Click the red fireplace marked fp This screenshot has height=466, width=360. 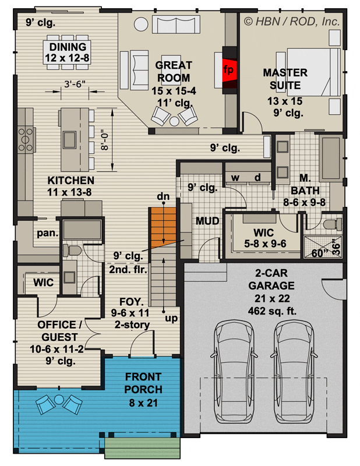[229, 70]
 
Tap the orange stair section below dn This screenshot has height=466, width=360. [164, 227]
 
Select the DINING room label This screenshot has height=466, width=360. [68, 47]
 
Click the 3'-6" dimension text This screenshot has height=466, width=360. [75, 84]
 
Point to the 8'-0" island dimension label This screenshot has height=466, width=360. [105, 140]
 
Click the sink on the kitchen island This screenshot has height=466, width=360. [69, 140]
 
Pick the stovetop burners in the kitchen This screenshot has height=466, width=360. [26, 139]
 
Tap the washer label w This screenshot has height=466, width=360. [235, 178]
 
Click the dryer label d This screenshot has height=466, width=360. [257, 178]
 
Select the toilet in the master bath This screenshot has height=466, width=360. [332, 224]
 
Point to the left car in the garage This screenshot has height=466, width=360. [234, 372]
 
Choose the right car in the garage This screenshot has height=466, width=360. [294, 372]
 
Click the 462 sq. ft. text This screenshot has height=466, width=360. [272, 311]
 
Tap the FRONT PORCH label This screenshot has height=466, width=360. [143, 383]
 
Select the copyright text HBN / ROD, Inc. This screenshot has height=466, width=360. [292, 22]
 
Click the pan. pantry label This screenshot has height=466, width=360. [48, 233]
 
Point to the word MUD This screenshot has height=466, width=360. [207, 221]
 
